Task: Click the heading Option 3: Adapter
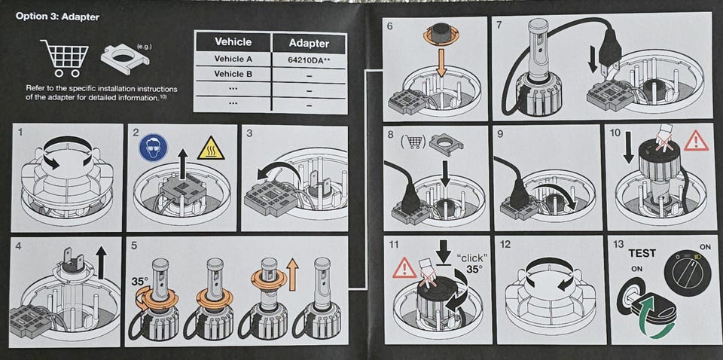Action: coord(58,17)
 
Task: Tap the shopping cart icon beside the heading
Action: coord(65,58)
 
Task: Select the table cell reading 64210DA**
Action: coord(309,59)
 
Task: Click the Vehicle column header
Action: coord(233,42)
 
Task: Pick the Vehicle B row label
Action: coord(233,74)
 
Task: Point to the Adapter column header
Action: coord(309,44)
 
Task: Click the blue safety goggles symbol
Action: coord(153,148)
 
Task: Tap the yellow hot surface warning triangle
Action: coord(211,148)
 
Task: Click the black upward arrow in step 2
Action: coord(183,163)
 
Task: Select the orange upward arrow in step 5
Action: coord(292,274)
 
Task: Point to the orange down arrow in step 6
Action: coord(441,63)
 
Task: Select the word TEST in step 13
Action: coord(642,253)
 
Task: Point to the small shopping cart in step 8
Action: coord(413,143)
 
